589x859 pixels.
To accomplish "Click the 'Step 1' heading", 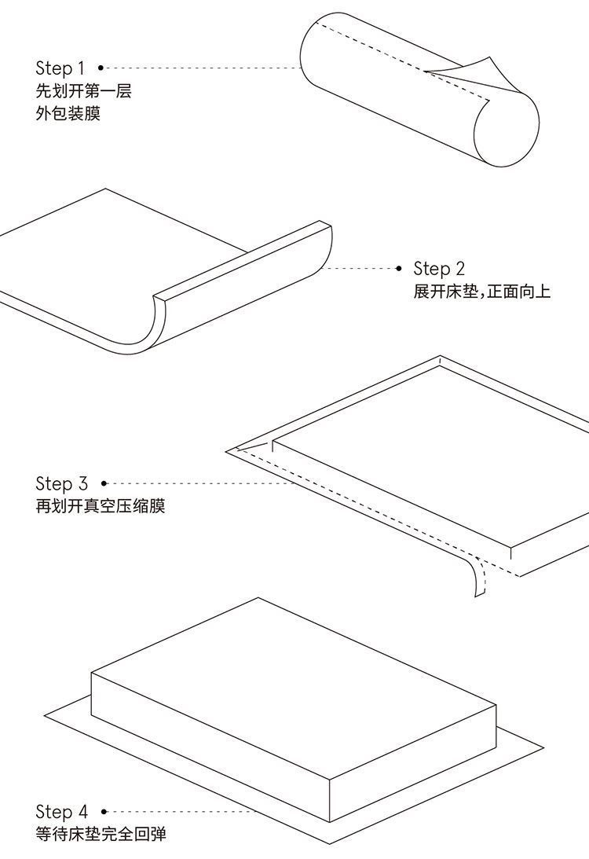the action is pos(60,68).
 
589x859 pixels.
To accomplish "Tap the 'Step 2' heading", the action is pos(439,269).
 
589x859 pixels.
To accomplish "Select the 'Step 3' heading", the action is pos(61,483).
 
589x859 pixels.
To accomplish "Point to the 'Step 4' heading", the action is pos(61,812).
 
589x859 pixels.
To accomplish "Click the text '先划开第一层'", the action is pos(83,91).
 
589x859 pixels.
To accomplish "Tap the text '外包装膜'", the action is pos(68,114).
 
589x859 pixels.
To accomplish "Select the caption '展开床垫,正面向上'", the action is pos(482,292).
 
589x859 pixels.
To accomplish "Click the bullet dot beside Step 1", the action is pos(101,68).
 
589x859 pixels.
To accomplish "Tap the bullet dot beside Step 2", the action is pos(399,269).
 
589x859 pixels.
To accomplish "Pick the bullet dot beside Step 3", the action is pos(104,483).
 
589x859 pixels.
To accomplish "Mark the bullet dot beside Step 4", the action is pos(104,812).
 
